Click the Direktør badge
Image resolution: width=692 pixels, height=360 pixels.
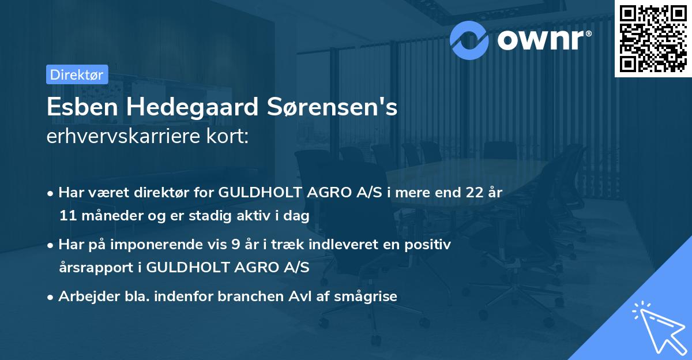(77, 74)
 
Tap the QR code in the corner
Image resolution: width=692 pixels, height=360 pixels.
(652, 38)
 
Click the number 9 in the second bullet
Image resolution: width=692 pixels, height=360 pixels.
(234, 245)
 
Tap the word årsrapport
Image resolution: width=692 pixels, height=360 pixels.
(95, 268)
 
